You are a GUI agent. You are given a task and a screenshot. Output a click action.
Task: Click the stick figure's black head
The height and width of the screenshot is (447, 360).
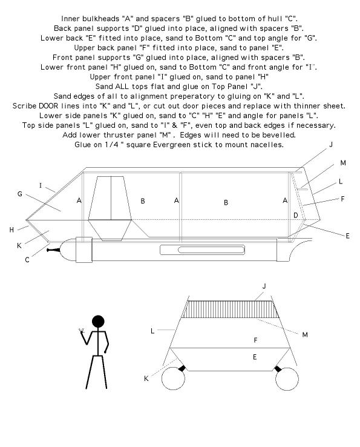[98, 321]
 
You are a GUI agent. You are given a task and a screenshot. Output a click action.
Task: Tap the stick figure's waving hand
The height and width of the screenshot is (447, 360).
[82, 331]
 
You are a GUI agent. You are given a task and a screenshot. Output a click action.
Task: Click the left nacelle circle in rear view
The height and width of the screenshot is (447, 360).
[173, 379]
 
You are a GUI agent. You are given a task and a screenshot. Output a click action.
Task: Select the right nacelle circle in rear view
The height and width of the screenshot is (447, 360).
[287, 379]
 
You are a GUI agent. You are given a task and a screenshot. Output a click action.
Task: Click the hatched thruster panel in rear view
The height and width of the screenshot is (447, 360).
[231, 310]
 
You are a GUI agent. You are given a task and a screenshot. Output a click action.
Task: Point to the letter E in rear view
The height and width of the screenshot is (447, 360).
[255, 357]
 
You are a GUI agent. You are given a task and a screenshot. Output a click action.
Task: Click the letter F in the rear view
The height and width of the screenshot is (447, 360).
[255, 340]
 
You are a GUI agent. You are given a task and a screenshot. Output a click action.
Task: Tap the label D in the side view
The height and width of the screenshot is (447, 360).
[296, 215]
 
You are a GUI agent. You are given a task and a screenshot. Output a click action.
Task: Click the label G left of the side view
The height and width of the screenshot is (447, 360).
[19, 194]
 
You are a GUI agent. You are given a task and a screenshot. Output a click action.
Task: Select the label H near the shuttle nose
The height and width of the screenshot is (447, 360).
[11, 230]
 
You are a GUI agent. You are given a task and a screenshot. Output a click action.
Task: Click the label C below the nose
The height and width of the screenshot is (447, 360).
[27, 260]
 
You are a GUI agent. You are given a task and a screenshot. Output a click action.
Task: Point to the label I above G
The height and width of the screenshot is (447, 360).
[41, 185]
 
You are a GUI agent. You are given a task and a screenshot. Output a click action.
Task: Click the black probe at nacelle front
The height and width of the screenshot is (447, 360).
[54, 250]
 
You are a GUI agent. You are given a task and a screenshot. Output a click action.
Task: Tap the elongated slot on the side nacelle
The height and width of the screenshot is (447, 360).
[202, 250]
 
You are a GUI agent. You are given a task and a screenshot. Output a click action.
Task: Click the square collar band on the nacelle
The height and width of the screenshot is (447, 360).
[83, 250]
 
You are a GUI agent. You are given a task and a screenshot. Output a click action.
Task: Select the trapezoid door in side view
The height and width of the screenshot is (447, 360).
[110, 209]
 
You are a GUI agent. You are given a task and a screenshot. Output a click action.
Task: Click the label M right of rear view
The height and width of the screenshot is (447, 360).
[305, 335]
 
